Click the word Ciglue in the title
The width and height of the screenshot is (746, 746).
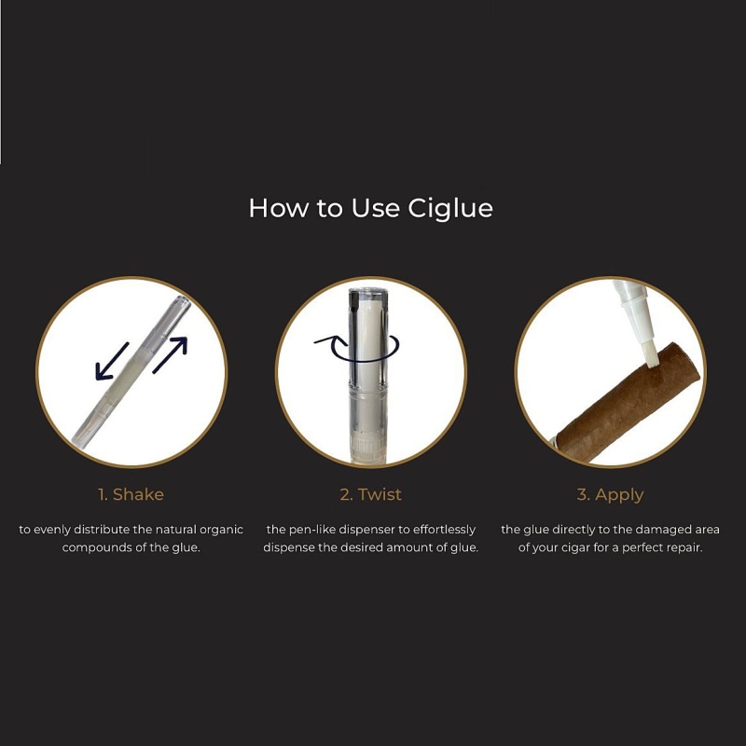pyautogui.click(x=450, y=209)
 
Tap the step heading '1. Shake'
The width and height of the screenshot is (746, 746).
pyautogui.click(x=131, y=494)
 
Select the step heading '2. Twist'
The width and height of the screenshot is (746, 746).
pyautogui.click(x=370, y=494)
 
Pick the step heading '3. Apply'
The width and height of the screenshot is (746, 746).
pyautogui.click(x=611, y=495)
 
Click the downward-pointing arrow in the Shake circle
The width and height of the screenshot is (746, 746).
pyautogui.click(x=112, y=362)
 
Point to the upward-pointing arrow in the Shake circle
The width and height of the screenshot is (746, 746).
pyautogui.click(x=170, y=355)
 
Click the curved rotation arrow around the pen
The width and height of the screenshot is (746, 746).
pyautogui.click(x=357, y=348)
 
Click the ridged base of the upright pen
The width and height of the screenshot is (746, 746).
pyautogui.click(x=367, y=449)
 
